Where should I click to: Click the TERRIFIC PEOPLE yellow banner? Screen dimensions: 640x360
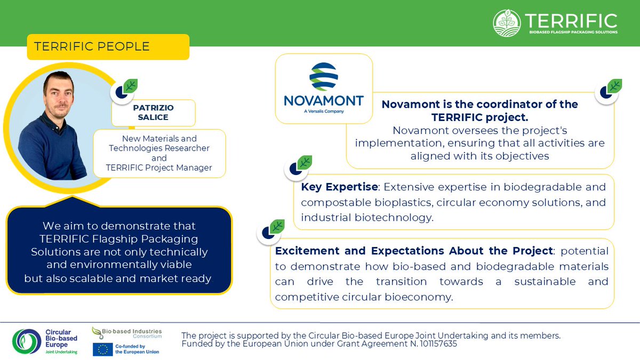[x=108, y=47]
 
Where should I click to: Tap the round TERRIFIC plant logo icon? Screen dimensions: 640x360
[x=507, y=23]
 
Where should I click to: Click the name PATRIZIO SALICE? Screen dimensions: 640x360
[x=153, y=113]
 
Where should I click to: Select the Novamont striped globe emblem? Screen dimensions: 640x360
[x=324, y=77]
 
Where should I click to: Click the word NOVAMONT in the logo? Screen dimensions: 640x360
[x=324, y=101]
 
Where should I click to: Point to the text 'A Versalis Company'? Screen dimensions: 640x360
[x=324, y=111]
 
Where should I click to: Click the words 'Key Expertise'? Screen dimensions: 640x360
[x=339, y=187]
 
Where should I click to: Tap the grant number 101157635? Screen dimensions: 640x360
[x=438, y=343]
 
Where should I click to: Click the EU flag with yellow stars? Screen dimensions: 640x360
[x=102, y=349]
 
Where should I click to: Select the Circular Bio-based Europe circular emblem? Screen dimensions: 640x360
[x=27, y=342]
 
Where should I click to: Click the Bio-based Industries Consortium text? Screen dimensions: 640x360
[x=132, y=333]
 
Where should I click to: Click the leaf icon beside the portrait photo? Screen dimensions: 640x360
[x=130, y=86]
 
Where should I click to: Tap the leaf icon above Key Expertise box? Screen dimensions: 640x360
[x=305, y=163]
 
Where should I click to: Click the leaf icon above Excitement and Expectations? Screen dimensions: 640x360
[x=277, y=227]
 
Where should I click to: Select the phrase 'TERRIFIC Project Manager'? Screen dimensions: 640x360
[x=159, y=167]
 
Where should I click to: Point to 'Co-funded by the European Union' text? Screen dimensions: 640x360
[x=137, y=349]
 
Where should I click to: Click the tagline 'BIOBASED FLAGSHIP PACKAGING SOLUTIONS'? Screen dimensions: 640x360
[x=573, y=33]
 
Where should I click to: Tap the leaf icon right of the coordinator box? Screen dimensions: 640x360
[x=614, y=86]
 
